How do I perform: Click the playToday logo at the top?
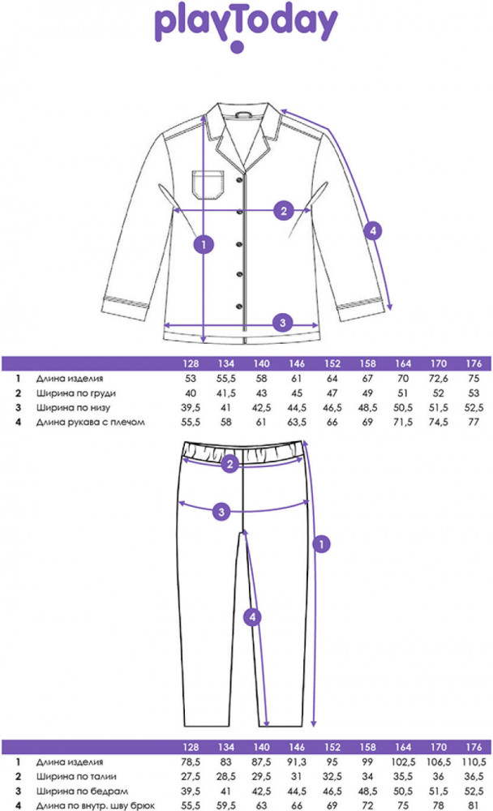click(x=246, y=26)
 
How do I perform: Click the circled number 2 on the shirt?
click(x=284, y=211)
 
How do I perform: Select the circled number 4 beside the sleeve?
click(x=373, y=230)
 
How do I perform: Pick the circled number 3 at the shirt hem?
click(x=282, y=323)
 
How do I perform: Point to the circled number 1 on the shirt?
click(x=204, y=244)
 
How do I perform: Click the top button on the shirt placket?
click(x=239, y=180)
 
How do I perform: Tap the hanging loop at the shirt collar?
click(x=243, y=114)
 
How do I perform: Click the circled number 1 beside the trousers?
click(x=321, y=544)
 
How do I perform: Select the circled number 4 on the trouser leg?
click(x=252, y=616)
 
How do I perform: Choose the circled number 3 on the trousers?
click(x=221, y=512)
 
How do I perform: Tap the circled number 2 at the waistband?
click(x=230, y=464)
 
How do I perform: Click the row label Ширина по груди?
click(x=76, y=393)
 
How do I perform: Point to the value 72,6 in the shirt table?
click(x=438, y=379)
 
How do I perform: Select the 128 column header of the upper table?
click(x=191, y=363)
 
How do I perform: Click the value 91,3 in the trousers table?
click(x=297, y=762)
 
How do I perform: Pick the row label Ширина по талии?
click(x=76, y=776)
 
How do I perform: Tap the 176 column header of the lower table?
click(x=474, y=747)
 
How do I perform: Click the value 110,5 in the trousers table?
click(x=474, y=762)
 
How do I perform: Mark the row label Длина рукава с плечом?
click(x=91, y=422)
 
